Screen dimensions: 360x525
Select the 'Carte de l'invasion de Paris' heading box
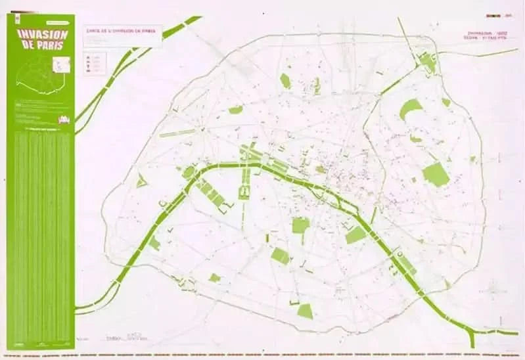coord(122,30)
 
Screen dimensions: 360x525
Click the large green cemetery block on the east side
coord(435,174)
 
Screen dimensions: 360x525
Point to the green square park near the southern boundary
coord(305,311)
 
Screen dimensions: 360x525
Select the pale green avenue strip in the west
coord(178,133)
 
